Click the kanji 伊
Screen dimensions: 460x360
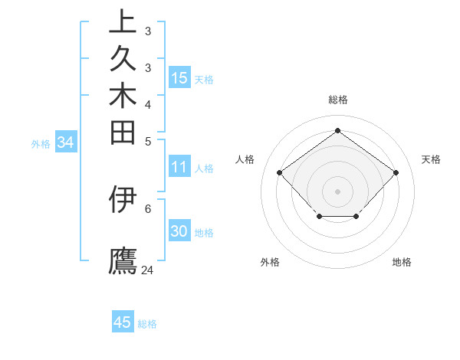tap(123, 198)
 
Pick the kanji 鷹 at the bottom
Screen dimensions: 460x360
tap(123, 260)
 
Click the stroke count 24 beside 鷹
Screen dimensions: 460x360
tap(148, 270)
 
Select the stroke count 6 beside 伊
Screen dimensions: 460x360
tap(148, 208)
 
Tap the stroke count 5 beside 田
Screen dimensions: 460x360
tap(148, 141)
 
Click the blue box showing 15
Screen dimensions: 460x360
tap(179, 77)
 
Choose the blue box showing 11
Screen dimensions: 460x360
tap(179, 167)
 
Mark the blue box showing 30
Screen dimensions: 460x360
tap(179, 231)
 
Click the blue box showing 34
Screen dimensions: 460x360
tap(66, 142)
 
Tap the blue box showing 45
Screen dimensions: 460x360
tap(123, 322)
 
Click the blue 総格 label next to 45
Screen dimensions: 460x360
tap(147, 324)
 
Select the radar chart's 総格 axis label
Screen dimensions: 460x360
tap(337, 100)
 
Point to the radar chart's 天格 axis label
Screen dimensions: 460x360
tap(431, 159)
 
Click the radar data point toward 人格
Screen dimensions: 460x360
tap(280, 172)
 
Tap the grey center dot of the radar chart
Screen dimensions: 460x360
tap(337, 191)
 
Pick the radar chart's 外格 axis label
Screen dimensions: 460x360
tap(270, 262)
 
